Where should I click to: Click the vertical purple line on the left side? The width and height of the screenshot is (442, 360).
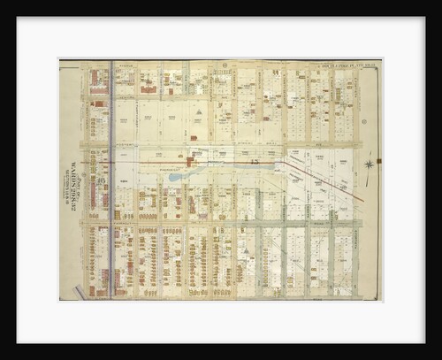(x=110, y=177)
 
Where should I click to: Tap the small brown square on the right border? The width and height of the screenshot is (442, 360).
(x=377, y=160)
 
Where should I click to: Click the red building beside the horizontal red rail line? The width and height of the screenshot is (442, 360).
(x=190, y=162)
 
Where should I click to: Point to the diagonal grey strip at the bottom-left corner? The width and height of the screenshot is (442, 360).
(x=80, y=291)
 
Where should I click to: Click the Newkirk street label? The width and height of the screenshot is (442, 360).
(x=221, y=220)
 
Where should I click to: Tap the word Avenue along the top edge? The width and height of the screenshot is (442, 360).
(x=146, y=65)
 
